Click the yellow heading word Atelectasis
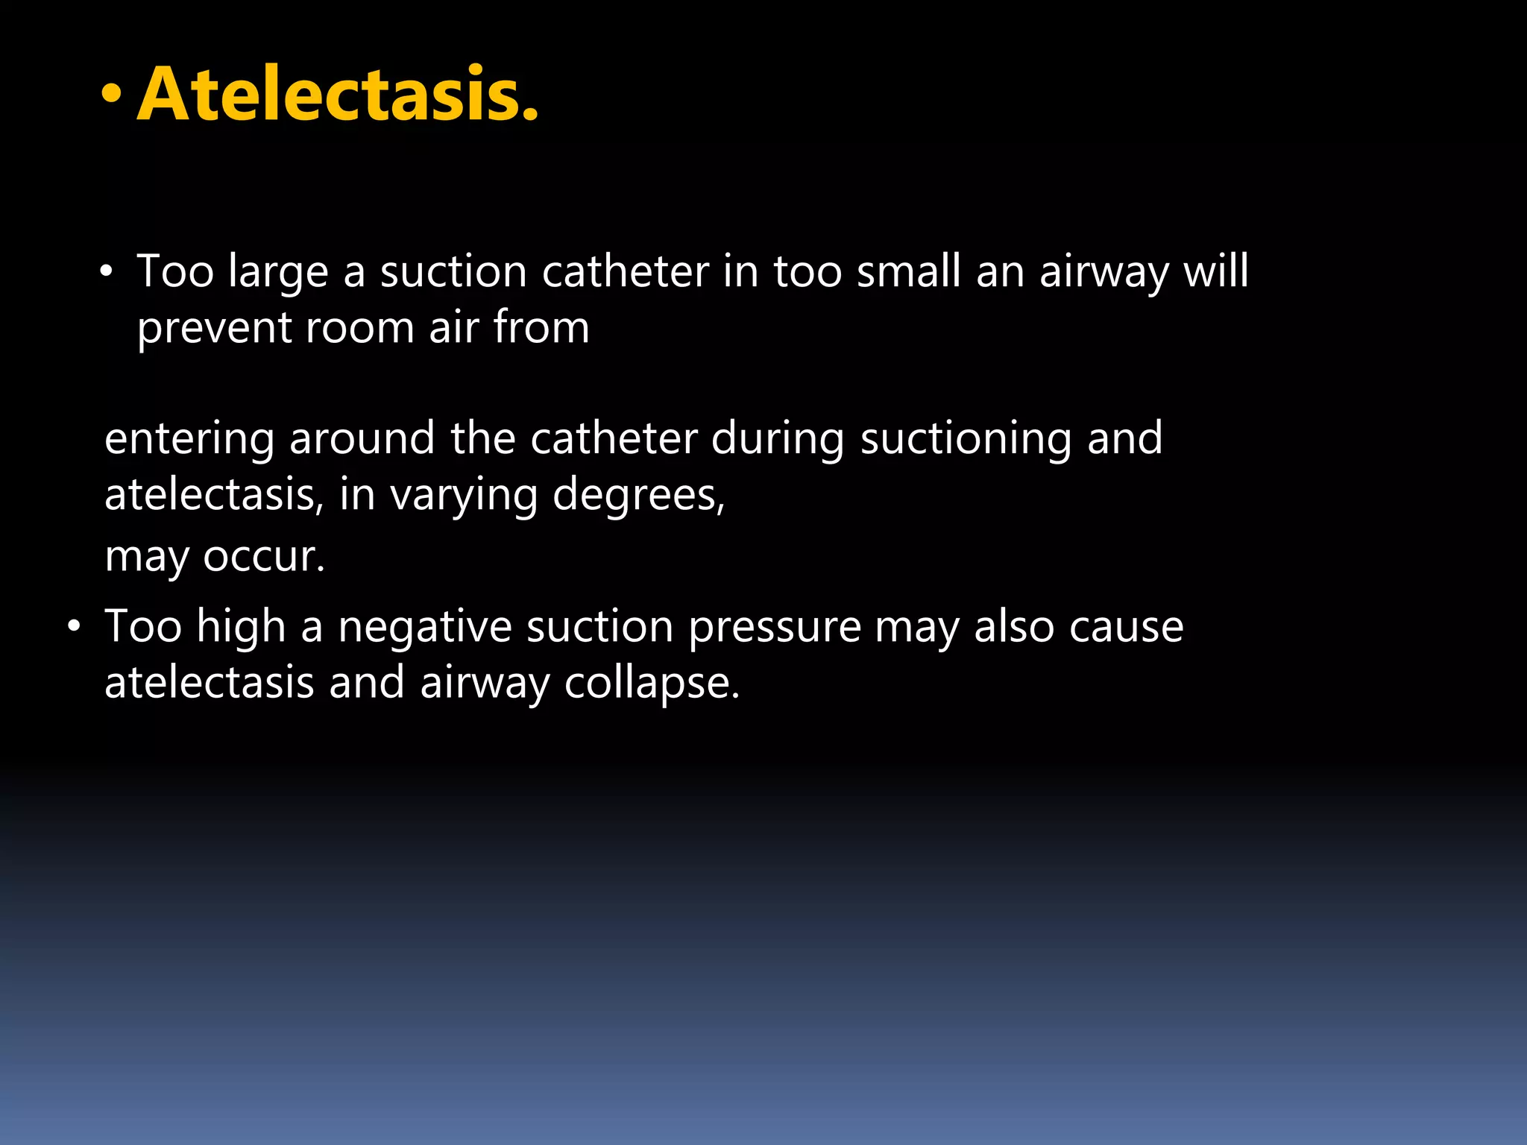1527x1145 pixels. [x=337, y=95]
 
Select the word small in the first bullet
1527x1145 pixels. [x=908, y=271]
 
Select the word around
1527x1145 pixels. [x=362, y=438]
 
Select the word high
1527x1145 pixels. [x=241, y=626]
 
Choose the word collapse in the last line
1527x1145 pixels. [x=652, y=684]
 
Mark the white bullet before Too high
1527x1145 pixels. [x=73, y=626]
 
